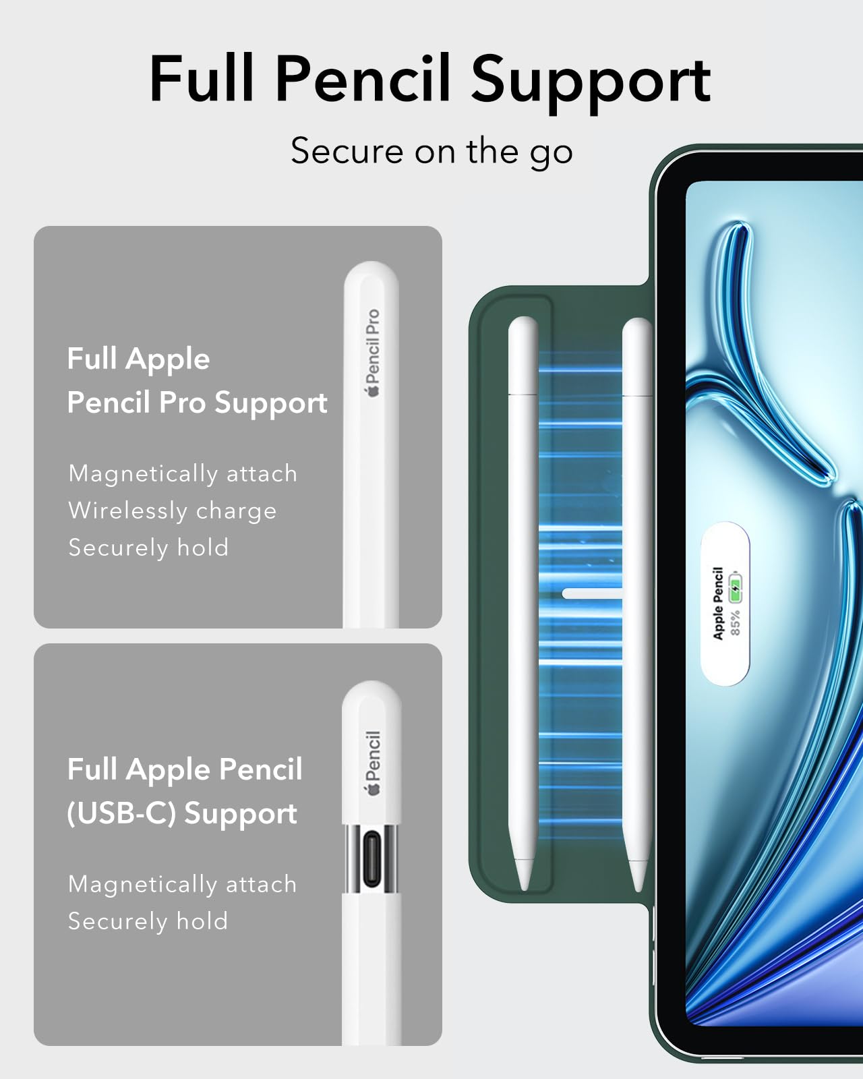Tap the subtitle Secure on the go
pos(431,151)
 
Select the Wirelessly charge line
pos(173,511)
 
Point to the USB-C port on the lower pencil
pos(371,860)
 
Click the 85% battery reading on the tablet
pos(735,622)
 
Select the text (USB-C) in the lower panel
pos(121,813)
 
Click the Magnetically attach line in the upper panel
pos(183,473)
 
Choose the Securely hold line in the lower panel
pos(148,921)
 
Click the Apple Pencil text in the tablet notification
pos(718,603)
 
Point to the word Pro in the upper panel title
pos(182,403)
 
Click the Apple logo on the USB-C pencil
pos(373,789)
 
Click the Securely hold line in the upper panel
pos(148,548)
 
